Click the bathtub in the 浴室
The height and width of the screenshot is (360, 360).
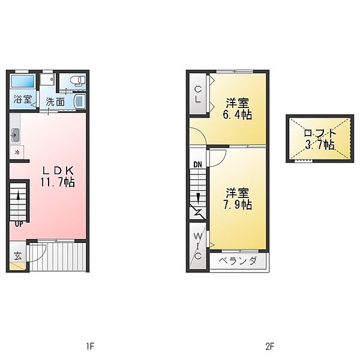pos(23,81)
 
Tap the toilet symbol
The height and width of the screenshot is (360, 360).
pos(77,80)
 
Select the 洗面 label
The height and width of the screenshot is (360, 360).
pos(55,102)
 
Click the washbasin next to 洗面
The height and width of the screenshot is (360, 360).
pos(79,102)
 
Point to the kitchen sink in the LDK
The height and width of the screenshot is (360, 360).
pos(16,136)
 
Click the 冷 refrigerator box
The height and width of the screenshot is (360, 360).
pos(17,152)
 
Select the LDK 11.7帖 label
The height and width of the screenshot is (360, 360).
pos(58,176)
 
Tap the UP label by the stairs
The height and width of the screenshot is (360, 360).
pos(19,224)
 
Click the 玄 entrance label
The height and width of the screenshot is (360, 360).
pos(17,256)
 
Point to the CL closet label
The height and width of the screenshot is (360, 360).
pos(198,94)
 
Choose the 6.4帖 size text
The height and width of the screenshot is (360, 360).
pos(238,115)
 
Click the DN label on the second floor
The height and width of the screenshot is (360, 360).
pos(197,164)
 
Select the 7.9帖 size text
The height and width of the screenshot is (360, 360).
pos(238,205)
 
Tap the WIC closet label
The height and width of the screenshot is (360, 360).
pos(197,246)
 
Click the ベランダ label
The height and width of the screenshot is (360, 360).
pos(238,261)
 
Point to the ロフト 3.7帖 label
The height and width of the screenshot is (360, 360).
pos(320,139)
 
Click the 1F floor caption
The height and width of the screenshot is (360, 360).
pos(90,346)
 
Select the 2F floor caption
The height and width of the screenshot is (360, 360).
pos(270,346)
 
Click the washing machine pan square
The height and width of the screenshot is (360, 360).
pos(47,79)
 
